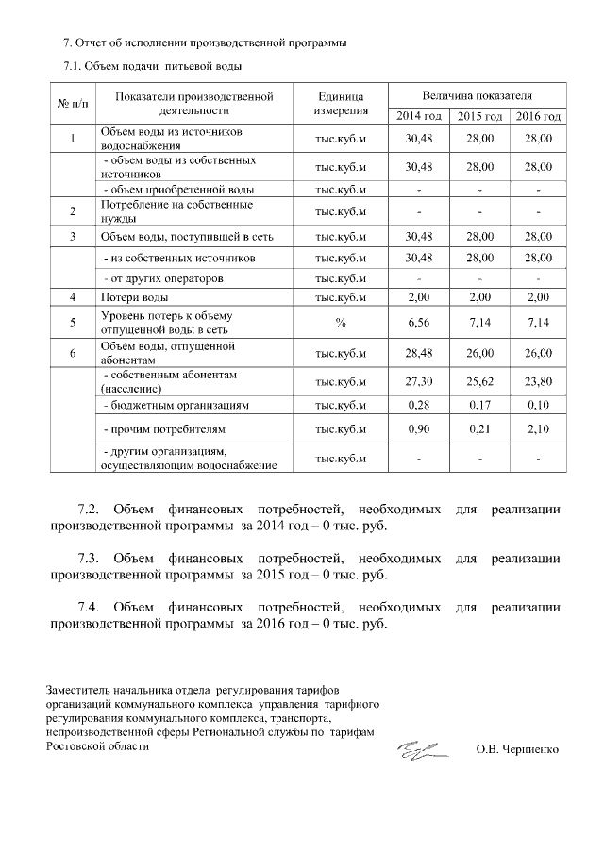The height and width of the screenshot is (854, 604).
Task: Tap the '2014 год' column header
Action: point(417,116)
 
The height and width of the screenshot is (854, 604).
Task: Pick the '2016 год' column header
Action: point(538,116)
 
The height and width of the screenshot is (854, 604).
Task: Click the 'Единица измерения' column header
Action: point(339,104)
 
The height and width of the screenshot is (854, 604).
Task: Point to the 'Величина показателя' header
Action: point(477,96)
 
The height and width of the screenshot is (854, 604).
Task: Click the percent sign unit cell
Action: point(339,323)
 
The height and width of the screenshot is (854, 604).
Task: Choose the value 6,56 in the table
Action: point(417,323)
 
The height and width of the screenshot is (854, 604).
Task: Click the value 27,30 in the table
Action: point(417,381)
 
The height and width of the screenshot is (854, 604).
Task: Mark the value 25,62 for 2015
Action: point(478,381)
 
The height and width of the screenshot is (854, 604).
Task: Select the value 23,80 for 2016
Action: point(538,381)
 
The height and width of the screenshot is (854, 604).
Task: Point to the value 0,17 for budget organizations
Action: point(478,405)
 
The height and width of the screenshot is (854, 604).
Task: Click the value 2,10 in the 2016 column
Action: point(538,430)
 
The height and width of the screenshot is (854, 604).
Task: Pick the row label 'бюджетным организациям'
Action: point(176,405)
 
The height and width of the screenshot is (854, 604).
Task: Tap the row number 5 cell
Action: point(73,323)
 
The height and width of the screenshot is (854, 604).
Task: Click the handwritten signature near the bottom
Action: point(422,750)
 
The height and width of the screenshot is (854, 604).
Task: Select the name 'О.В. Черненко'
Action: point(517,749)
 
